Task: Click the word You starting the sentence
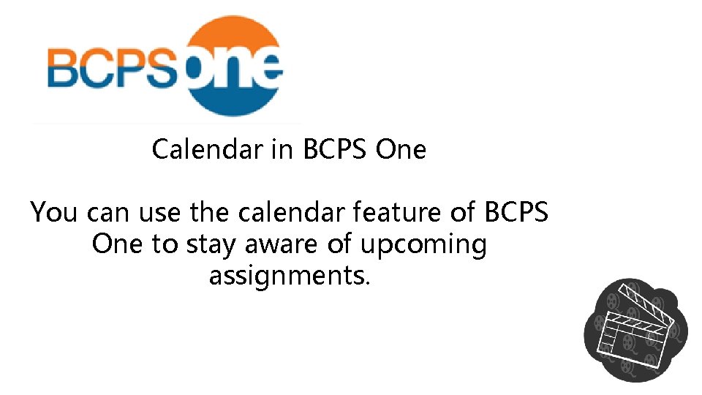coord(54,213)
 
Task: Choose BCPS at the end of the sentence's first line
coord(516,213)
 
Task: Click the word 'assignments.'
coord(290,276)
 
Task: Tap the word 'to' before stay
coord(165,245)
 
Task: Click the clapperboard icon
coord(635,330)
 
